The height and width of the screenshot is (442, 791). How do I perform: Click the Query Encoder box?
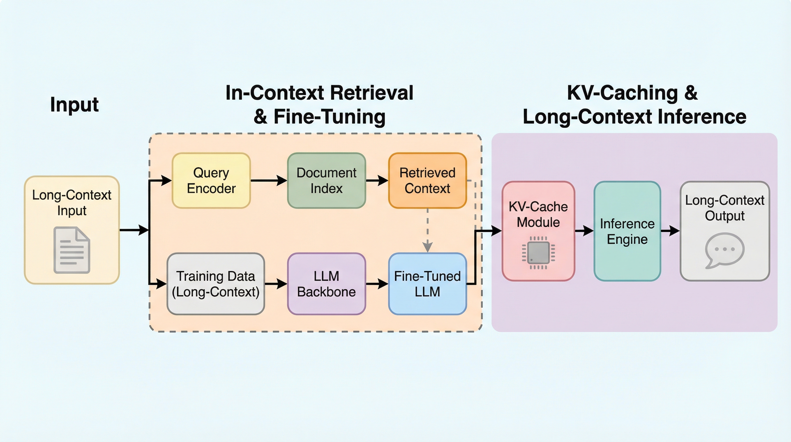[x=211, y=180]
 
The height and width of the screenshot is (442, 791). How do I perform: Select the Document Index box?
[x=327, y=180]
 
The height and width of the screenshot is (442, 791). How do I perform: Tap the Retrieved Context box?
[x=427, y=180]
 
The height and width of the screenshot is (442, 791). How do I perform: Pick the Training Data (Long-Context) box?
[x=216, y=284]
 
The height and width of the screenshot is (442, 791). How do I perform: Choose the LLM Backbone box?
[x=327, y=284]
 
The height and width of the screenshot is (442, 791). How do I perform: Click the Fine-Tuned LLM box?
[x=427, y=284]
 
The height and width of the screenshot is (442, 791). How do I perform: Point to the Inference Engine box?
[x=627, y=231]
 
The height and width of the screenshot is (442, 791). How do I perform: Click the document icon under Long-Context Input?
[x=72, y=250]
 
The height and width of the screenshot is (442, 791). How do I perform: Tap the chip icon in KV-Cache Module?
[x=538, y=253]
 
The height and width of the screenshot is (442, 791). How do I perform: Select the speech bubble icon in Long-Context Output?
[x=724, y=250]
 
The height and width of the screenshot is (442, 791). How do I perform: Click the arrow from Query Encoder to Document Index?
[x=269, y=180]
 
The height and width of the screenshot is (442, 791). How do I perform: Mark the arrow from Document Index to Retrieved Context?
[x=377, y=180]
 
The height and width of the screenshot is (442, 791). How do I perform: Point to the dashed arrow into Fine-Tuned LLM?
[x=427, y=230]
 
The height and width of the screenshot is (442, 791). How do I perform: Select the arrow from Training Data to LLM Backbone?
[x=276, y=284]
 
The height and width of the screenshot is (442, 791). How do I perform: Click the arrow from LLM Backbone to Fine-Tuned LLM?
[x=377, y=284]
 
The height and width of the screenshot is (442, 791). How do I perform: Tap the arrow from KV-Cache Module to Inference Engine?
[x=584, y=230]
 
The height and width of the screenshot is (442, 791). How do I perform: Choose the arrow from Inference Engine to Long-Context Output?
[x=670, y=230]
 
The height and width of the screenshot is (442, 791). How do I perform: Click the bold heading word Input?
[x=74, y=104]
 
